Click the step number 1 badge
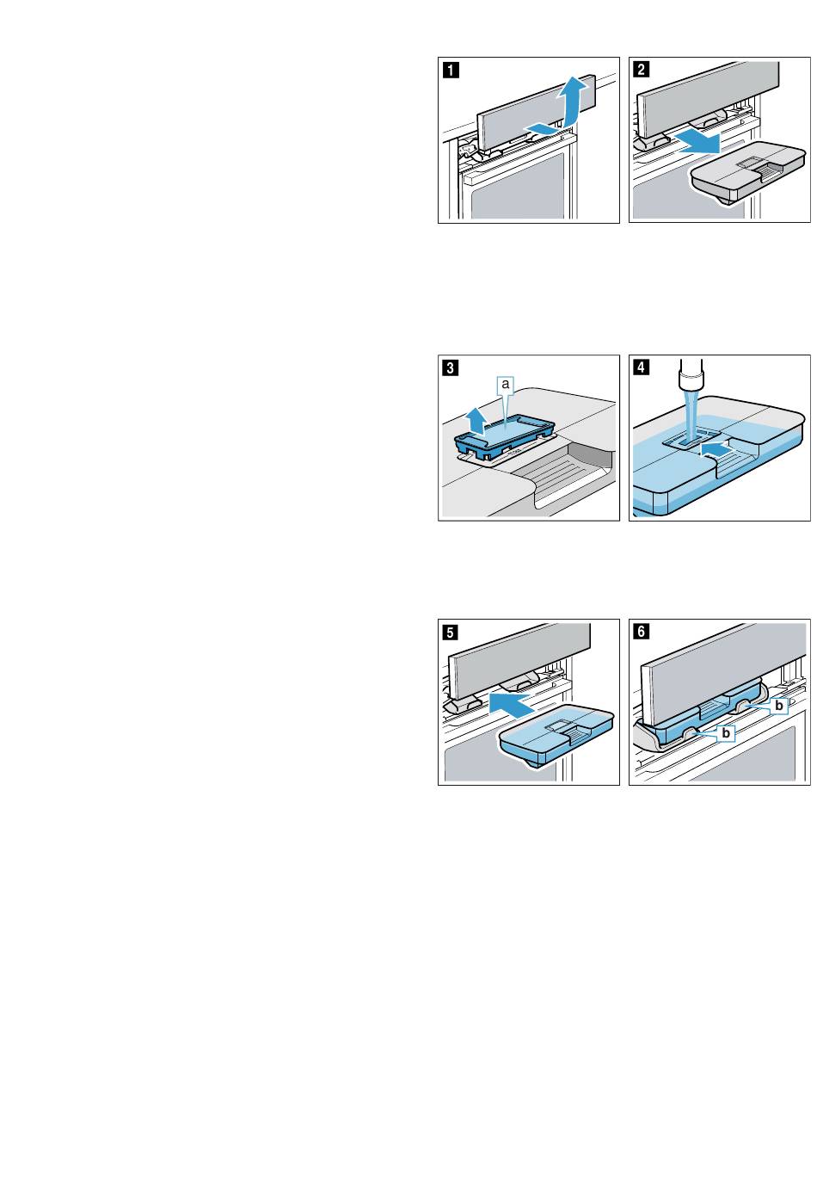pyautogui.click(x=451, y=70)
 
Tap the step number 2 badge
pyautogui.click(x=642, y=70)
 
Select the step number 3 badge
pyautogui.click(x=451, y=367)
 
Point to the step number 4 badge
pyautogui.click(x=642, y=367)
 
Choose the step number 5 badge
pyautogui.click(x=451, y=632)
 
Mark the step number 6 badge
pyautogui.click(x=642, y=632)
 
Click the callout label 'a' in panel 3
pyautogui.click(x=506, y=385)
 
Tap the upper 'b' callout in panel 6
pyautogui.click(x=779, y=706)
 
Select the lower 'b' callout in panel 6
pyautogui.click(x=726, y=732)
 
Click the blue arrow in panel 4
pyautogui.click(x=716, y=449)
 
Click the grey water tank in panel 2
pyautogui.click(x=747, y=172)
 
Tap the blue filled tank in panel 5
pyautogui.click(x=556, y=738)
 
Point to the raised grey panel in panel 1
pyautogui.click(x=536, y=114)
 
